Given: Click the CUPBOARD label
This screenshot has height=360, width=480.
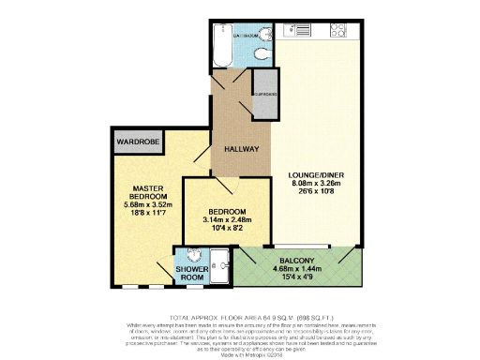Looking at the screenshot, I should point(265,94).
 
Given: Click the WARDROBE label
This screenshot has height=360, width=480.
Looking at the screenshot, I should point(136,143).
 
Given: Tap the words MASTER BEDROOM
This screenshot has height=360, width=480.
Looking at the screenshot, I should point(148,191).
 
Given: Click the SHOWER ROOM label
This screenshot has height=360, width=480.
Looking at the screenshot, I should point(192,275).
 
